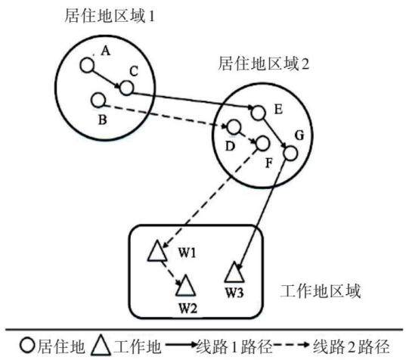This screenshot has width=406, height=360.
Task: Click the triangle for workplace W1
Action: pos(157,250)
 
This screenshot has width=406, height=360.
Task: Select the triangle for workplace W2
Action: pos(185,286)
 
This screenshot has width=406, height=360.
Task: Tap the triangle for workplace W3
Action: pos(234,272)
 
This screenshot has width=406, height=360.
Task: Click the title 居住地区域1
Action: pos(110,17)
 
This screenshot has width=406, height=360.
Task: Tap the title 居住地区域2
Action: pos(264,64)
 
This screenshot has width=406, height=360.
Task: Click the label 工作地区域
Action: pos(321,291)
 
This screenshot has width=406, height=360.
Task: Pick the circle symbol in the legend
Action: pos(27,346)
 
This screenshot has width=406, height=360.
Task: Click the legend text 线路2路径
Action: pos(352,346)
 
